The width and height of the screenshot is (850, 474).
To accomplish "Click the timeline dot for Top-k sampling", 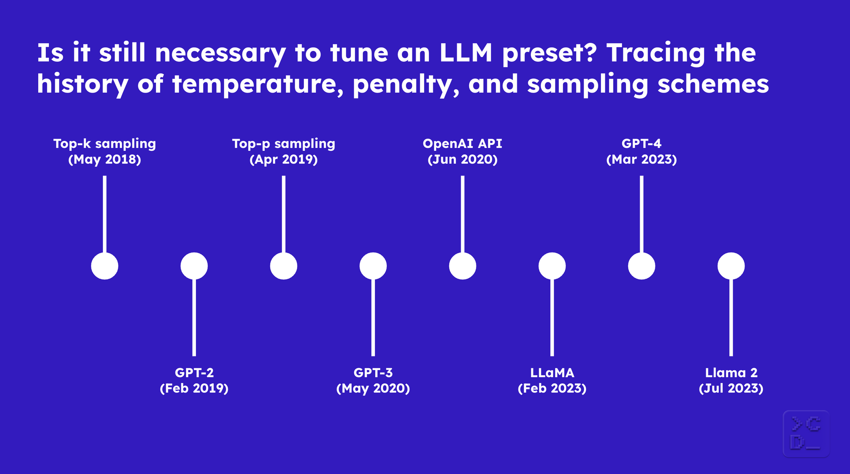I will pyautogui.click(x=105, y=266).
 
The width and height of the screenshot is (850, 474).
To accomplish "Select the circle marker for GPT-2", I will pyautogui.click(x=194, y=266).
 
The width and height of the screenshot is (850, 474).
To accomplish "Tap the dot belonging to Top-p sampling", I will pyautogui.click(x=283, y=266).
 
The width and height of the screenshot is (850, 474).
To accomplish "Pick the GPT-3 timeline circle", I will pyautogui.click(x=373, y=266).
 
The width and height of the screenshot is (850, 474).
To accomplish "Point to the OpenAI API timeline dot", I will pyautogui.click(x=462, y=266).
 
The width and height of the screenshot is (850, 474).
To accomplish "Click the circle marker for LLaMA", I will pyautogui.click(x=552, y=266).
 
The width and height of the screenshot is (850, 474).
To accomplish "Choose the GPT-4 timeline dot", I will pyautogui.click(x=641, y=266).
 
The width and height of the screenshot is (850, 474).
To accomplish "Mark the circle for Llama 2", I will pyautogui.click(x=731, y=266).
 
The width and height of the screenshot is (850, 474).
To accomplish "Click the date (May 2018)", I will pyautogui.click(x=105, y=160).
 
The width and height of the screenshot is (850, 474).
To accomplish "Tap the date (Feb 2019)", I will pyautogui.click(x=194, y=389).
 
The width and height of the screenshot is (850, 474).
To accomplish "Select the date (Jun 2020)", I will pyautogui.click(x=462, y=160).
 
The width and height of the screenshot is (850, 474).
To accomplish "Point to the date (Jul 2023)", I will pyautogui.click(x=731, y=389).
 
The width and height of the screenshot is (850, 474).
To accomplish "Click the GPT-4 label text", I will pyautogui.click(x=641, y=144).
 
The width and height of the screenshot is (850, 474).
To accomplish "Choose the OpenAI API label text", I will pyautogui.click(x=462, y=144).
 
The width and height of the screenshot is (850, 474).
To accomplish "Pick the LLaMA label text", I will pyautogui.click(x=552, y=373).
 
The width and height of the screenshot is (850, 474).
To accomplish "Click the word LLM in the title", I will pyautogui.click(x=465, y=53).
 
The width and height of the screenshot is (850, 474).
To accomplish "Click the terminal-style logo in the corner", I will pyautogui.click(x=806, y=434).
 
